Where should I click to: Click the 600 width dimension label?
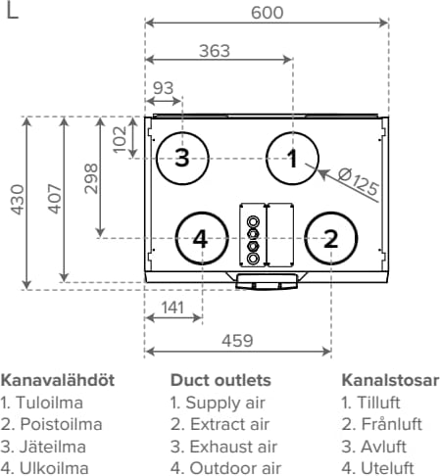click(x=267, y=13)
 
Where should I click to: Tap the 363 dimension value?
click(x=215, y=51)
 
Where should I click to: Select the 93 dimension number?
click(x=164, y=88)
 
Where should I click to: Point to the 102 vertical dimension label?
click(x=120, y=139)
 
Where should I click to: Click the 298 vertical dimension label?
click(x=91, y=178)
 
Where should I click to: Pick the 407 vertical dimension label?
click(x=55, y=199)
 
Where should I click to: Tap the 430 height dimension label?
click(x=18, y=200)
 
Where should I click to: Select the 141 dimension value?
click(x=172, y=308)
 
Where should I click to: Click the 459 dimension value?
click(x=237, y=341)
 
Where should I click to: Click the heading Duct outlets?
click(x=220, y=380)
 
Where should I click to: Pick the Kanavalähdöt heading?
click(x=58, y=380)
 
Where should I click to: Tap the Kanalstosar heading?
click(x=390, y=380)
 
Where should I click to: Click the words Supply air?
click(x=225, y=403)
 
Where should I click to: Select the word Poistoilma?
click(x=61, y=424)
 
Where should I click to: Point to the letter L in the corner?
click(x=13, y=11)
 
